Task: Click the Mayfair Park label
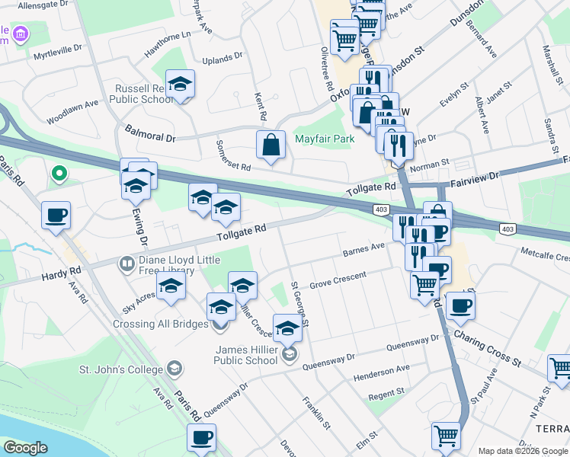325,139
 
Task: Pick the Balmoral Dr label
149,133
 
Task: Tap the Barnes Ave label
364,249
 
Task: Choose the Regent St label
386,393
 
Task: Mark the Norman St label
431,165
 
